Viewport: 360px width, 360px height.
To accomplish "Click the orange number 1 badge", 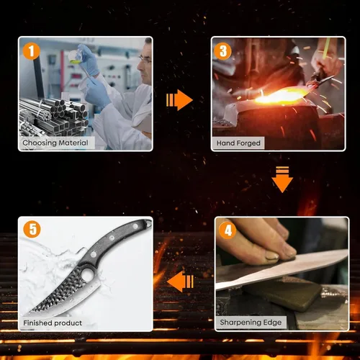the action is coord(31,51).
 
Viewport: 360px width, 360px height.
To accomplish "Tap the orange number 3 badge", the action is coord(222,51).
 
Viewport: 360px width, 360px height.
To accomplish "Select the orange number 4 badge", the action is coord(228,230).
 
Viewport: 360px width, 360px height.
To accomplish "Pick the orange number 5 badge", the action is coord(32,229).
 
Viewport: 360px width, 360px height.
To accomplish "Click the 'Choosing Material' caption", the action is coord(55,143).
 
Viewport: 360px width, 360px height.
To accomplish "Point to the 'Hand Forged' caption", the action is coord(238,143).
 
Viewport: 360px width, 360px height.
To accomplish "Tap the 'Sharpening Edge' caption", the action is coord(251,323).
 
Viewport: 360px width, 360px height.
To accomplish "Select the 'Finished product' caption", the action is coord(53,323).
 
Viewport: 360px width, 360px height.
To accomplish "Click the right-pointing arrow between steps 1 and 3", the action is coord(179,100).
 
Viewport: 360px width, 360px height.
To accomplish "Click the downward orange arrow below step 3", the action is coord(282,179).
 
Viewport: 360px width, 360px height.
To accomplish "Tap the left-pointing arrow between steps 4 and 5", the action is coord(180,282).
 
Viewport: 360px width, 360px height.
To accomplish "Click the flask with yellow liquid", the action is coord(74,57).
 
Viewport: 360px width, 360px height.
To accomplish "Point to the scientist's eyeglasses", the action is coord(145,59).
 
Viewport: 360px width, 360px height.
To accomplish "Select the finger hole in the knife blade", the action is coord(86,275).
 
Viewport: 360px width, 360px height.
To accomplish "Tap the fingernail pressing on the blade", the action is coord(272,256).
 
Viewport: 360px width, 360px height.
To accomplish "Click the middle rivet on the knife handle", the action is coord(112,238).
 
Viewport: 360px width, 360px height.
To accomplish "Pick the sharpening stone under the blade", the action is coord(282,293).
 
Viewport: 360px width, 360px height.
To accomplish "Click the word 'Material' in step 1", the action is coord(73,143).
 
